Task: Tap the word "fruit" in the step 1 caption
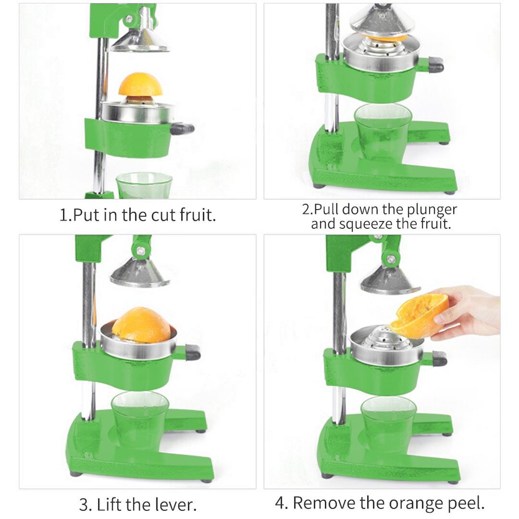pyautogui.click(x=198, y=214)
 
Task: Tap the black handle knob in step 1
pyautogui.click(x=183, y=128)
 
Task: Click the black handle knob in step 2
pyautogui.click(x=435, y=64)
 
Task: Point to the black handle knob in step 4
pyautogui.click(x=439, y=358)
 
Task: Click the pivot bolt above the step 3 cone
pyautogui.click(x=141, y=251)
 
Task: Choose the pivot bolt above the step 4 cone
pyautogui.click(x=392, y=259)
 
